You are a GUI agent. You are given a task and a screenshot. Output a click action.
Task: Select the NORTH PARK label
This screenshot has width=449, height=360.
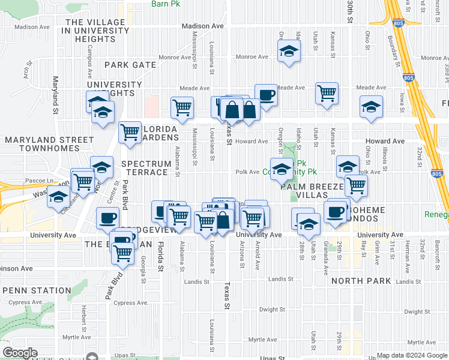(x=360, y=281)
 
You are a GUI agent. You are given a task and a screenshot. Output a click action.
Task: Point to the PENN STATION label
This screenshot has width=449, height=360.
(x=37, y=290)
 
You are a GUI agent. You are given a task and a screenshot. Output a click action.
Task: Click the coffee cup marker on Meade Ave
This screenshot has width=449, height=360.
(x=266, y=95)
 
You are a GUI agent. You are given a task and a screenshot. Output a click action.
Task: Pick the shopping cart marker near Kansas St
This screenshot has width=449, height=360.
(x=327, y=93)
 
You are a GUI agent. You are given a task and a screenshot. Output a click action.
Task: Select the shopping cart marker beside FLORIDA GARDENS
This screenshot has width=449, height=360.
(x=130, y=133)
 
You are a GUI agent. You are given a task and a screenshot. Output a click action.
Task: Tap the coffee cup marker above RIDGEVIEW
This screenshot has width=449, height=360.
(x=108, y=218)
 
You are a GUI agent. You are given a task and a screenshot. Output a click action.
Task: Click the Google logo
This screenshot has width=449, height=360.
(x=20, y=353)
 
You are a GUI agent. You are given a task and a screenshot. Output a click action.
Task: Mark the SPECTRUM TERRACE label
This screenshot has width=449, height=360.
(x=144, y=168)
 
